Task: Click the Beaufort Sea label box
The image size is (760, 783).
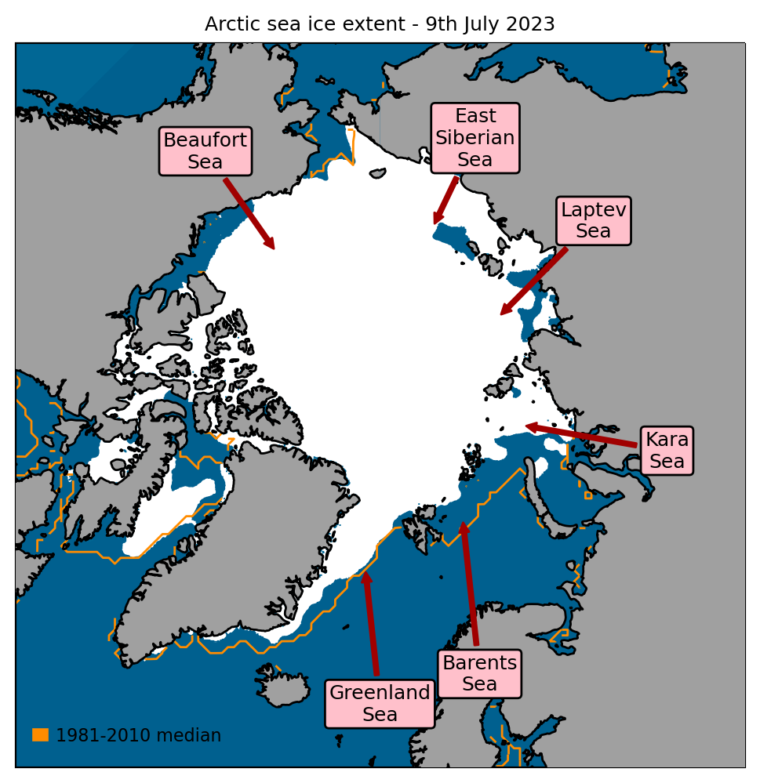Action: pos(205,151)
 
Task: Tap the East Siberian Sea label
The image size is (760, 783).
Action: pos(475,138)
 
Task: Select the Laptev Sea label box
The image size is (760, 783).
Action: pos(593,220)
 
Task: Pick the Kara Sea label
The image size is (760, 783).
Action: pos(667,451)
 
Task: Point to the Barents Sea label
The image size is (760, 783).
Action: pos(479,672)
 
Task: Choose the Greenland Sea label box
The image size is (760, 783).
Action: pos(380,703)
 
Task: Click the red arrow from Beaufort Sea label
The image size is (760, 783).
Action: pos(249,213)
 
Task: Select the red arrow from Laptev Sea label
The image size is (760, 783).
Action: pos(534,281)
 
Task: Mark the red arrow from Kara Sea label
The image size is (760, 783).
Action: pos(580,435)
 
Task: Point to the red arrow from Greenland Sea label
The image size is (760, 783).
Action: pos(370,623)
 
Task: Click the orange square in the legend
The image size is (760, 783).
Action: pos(40,734)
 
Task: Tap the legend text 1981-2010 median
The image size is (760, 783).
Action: pos(138,735)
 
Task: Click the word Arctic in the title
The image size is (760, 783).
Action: pos(231,24)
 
